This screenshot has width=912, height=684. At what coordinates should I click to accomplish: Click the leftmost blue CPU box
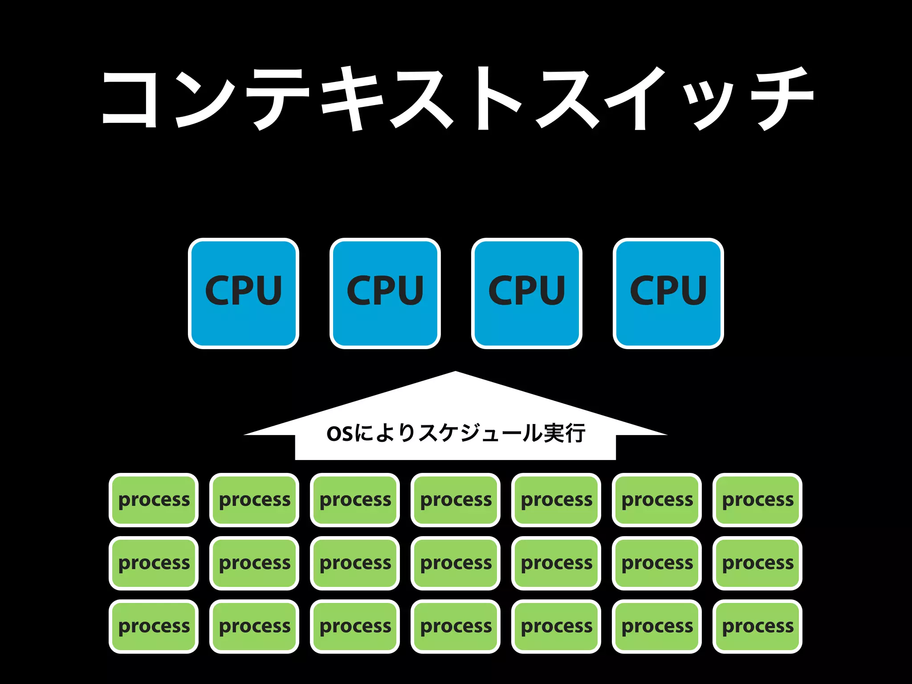coord(243,293)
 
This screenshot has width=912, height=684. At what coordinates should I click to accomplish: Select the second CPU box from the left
coord(385,293)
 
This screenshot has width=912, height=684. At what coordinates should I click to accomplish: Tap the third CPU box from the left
coord(526,293)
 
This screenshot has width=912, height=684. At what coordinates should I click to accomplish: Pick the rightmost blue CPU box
coord(668,293)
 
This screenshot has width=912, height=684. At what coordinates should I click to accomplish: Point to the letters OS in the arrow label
coord(339,434)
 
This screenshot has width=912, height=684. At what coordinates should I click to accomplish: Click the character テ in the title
coord(277,99)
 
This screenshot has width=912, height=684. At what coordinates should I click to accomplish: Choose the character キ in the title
coord(352,99)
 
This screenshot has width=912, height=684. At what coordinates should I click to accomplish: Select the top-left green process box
coord(154,500)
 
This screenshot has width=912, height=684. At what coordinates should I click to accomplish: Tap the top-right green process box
coord(757,500)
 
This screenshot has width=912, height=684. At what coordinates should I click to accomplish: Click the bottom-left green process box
coord(154,626)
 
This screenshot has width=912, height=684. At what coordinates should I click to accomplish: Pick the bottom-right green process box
coord(757,626)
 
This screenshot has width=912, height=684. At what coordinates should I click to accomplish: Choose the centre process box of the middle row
coord(456,563)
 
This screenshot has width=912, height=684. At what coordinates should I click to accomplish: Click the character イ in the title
coord(637,99)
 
